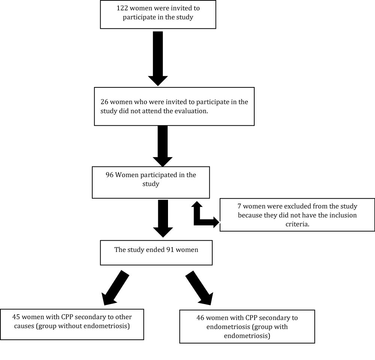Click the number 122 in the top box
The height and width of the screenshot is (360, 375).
122,8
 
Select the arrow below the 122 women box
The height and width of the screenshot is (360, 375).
158,58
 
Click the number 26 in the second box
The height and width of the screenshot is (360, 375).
104,102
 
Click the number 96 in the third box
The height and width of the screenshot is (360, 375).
109,175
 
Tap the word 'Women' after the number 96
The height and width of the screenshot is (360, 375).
127,175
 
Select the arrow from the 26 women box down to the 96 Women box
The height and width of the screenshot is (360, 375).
163,146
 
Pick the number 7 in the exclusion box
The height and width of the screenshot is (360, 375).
239,206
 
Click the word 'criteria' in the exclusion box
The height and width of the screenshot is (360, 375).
297,224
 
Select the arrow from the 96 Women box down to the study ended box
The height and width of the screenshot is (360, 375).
163,218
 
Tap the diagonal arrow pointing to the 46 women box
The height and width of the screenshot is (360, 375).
199,288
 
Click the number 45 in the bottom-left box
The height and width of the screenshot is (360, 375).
16,317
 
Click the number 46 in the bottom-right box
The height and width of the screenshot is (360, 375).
200,318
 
